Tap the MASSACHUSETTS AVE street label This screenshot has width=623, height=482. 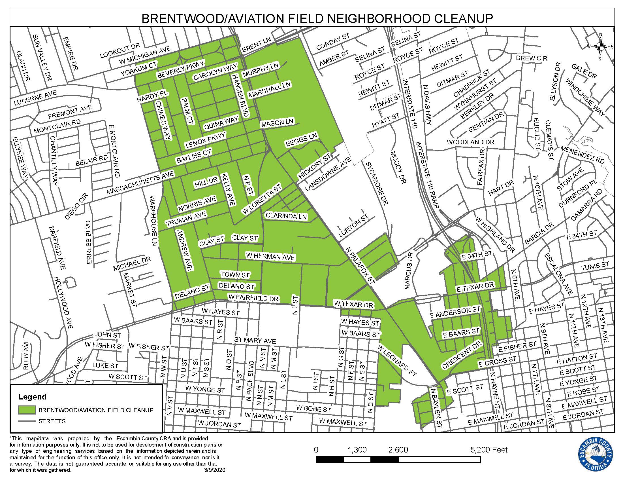(140, 183)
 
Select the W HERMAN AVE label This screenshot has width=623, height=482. (270, 256)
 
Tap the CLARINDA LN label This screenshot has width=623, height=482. (286, 216)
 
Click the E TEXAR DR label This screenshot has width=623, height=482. (475, 287)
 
